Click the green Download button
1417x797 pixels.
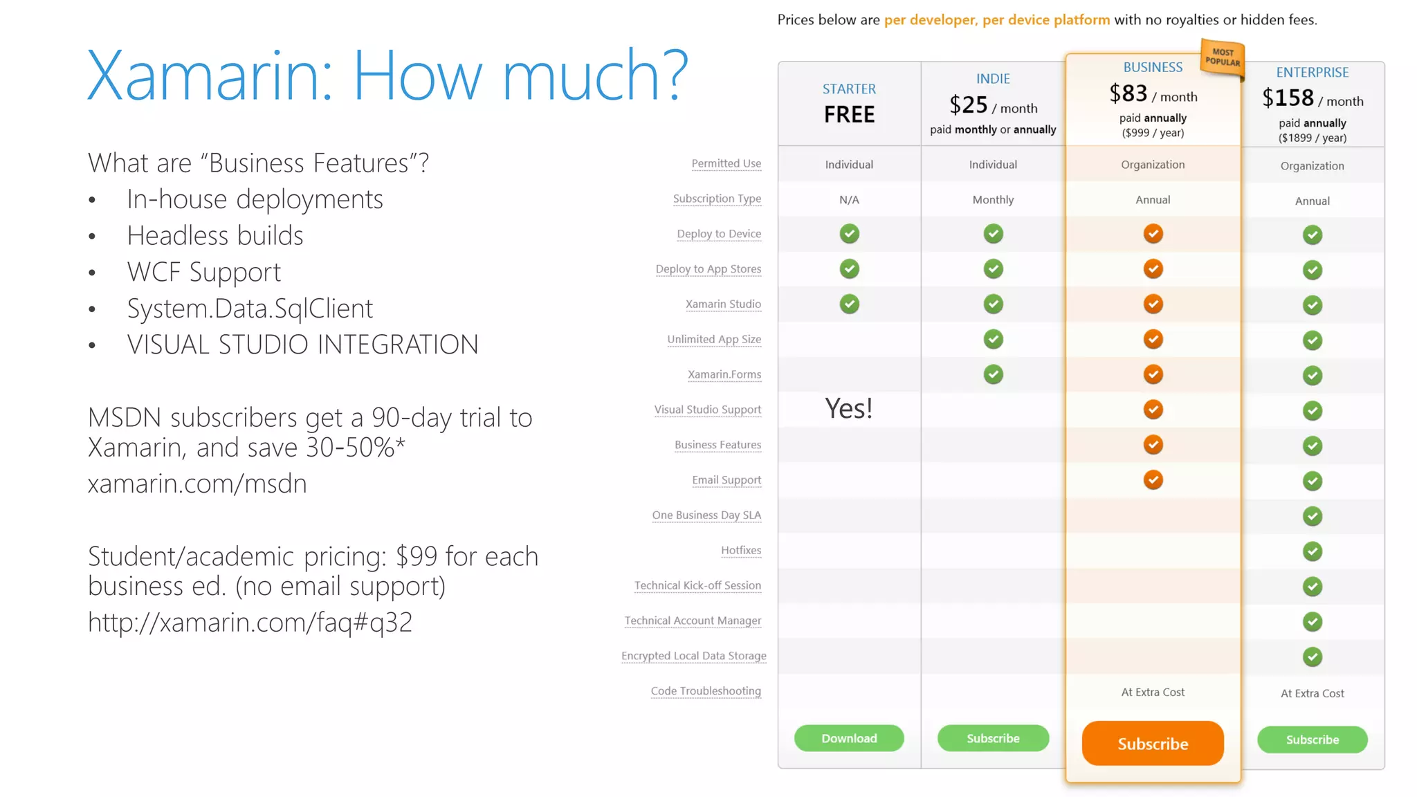click(x=849, y=738)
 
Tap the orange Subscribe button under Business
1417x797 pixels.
click(x=1153, y=744)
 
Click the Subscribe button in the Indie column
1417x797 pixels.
click(x=993, y=738)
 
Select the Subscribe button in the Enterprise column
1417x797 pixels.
click(x=1312, y=740)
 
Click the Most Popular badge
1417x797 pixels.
click(x=1223, y=57)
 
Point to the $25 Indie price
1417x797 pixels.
click(x=969, y=105)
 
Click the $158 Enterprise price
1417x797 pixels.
click(x=1288, y=98)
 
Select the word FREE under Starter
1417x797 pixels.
click(x=849, y=114)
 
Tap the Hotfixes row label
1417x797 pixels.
click(x=741, y=551)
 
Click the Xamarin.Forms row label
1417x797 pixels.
click(x=724, y=374)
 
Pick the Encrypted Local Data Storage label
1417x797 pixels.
click(x=694, y=656)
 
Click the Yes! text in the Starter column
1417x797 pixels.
click(x=849, y=408)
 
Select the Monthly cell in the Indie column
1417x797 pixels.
click(x=993, y=200)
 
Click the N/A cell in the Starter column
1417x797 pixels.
click(x=849, y=200)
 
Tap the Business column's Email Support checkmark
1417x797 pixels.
click(x=1153, y=479)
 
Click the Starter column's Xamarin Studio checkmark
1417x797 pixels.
click(x=849, y=304)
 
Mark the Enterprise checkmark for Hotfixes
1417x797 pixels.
click(x=1312, y=551)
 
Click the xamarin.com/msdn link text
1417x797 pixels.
click(x=197, y=484)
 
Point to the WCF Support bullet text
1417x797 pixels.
click(x=204, y=272)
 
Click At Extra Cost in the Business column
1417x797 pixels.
click(x=1153, y=693)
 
